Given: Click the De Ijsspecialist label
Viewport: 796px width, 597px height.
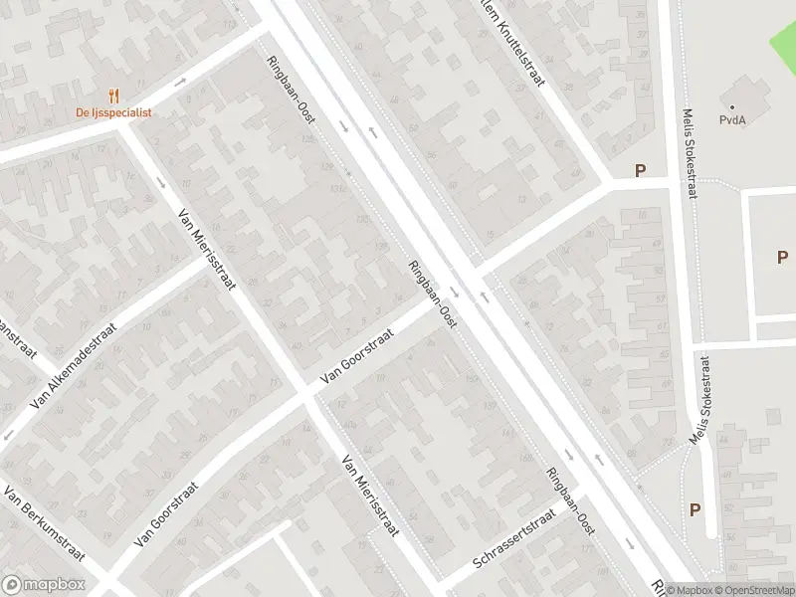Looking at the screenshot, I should click(113, 112).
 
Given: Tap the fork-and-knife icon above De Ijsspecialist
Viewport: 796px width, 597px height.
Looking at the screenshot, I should click(114, 97).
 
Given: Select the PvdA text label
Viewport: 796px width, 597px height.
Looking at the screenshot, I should click(733, 120).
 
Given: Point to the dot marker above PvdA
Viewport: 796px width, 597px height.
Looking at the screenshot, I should click(732, 107).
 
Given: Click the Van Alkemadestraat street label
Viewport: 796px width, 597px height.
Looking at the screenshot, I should click(74, 365).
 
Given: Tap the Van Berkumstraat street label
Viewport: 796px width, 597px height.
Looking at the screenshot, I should click(44, 524).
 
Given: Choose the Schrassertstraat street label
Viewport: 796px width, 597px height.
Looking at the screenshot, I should click(513, 541).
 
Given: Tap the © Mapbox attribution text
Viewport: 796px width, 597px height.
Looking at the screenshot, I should click(687, 590).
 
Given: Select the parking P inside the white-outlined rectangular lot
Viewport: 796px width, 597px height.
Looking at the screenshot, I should click(782, 257).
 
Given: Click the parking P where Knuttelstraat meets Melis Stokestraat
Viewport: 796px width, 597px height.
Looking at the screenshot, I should click(640, 171).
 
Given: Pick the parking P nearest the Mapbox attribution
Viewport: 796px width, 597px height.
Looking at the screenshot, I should click(695, 509).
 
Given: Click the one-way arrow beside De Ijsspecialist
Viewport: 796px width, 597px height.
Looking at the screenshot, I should click(180, 82).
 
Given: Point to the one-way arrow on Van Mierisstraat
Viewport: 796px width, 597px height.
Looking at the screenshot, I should click(162, 182).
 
